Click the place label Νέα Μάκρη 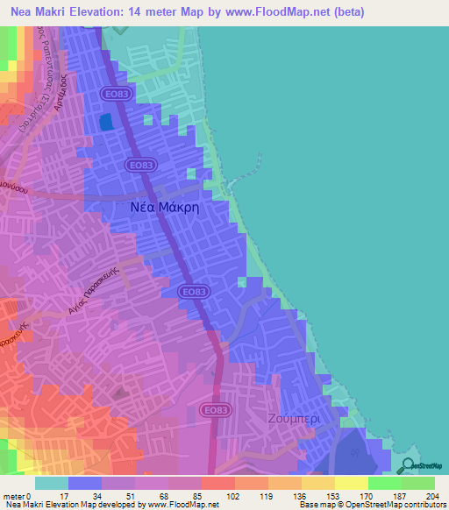pos(160,207)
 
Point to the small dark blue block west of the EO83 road pos(106,122)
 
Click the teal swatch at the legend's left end pos(51,484)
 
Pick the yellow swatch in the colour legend pos(351,484)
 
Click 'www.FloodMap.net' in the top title pos(272,12)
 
